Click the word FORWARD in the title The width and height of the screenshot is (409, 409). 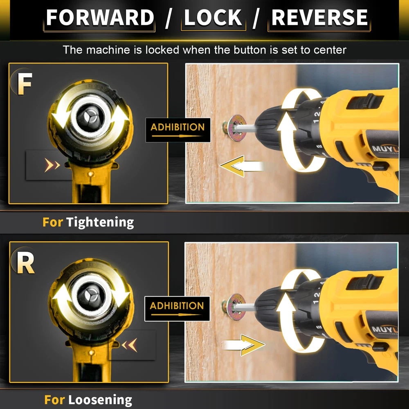point(100,18)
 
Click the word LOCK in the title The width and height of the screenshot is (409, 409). point(213,18)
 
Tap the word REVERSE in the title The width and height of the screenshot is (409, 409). point(319,18)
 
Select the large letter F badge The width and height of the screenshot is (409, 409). point(25,83)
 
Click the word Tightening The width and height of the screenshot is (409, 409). point(100,222)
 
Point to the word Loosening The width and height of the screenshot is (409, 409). point(100,400)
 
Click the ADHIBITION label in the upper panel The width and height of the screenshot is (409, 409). point(178,130)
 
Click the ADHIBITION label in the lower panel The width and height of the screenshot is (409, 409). point(177,308)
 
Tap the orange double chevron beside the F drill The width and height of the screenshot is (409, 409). point(52,165)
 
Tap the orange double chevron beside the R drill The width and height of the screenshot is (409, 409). point(130,345)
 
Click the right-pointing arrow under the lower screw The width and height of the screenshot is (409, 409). point(244,345)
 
